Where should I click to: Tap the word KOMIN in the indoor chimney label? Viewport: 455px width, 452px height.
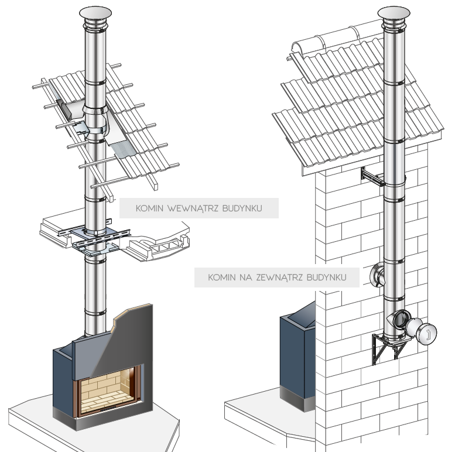click(x=149, y=208)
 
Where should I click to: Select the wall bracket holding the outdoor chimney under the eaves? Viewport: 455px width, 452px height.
click(x=373, y=177)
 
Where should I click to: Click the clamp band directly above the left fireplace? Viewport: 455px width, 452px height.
click(x=95, y=313)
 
